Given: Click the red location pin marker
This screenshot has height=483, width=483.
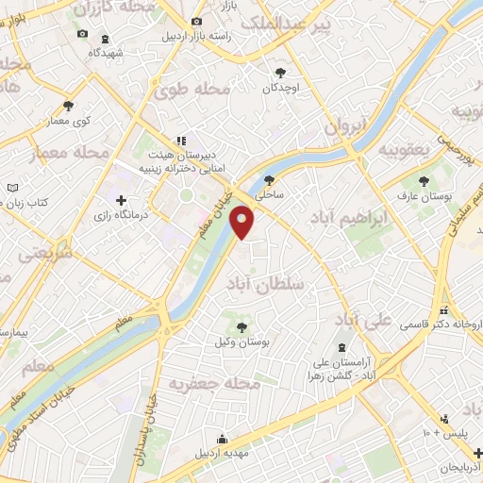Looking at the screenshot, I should click(243, 223).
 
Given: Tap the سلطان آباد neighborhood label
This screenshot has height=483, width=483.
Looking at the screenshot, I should click(269, 283).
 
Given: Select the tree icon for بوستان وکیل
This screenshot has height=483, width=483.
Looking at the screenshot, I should click(243, 326).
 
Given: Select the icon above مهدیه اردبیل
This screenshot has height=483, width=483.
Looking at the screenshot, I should click(222, 439).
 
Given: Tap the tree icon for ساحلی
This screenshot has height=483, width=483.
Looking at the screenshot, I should click(270, 180).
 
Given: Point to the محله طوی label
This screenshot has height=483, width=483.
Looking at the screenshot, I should click(199, 91).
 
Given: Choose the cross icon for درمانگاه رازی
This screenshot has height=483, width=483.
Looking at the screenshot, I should click(121, 200).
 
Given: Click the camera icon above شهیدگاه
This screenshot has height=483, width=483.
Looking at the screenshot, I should click(103, 39).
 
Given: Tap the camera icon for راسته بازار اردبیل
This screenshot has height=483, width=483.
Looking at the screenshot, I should click(195, 22).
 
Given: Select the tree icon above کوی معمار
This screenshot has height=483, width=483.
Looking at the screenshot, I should click(67, 105).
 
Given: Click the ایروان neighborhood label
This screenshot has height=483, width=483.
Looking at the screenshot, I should click(343, 125).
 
